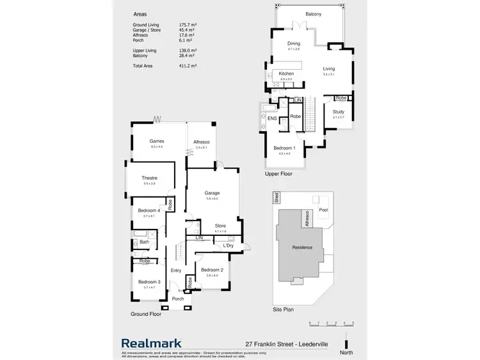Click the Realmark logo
tap(152, 343)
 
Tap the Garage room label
tap(212, 192)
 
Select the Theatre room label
tap(150, 178)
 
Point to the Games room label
tap(157, 141)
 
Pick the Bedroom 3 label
tap(149, 282)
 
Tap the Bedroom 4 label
tap(148, 211)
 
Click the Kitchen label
tap(286, 74)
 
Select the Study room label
tap(338, 112)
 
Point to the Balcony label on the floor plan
tap(313, 14)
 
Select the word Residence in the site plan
tap(301, 247)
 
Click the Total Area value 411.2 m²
tap(188, 66)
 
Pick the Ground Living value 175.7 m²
tap(188, 24)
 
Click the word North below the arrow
tap(346, 351)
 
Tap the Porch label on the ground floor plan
tap(178, 299)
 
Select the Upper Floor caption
tap(279, 173)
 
